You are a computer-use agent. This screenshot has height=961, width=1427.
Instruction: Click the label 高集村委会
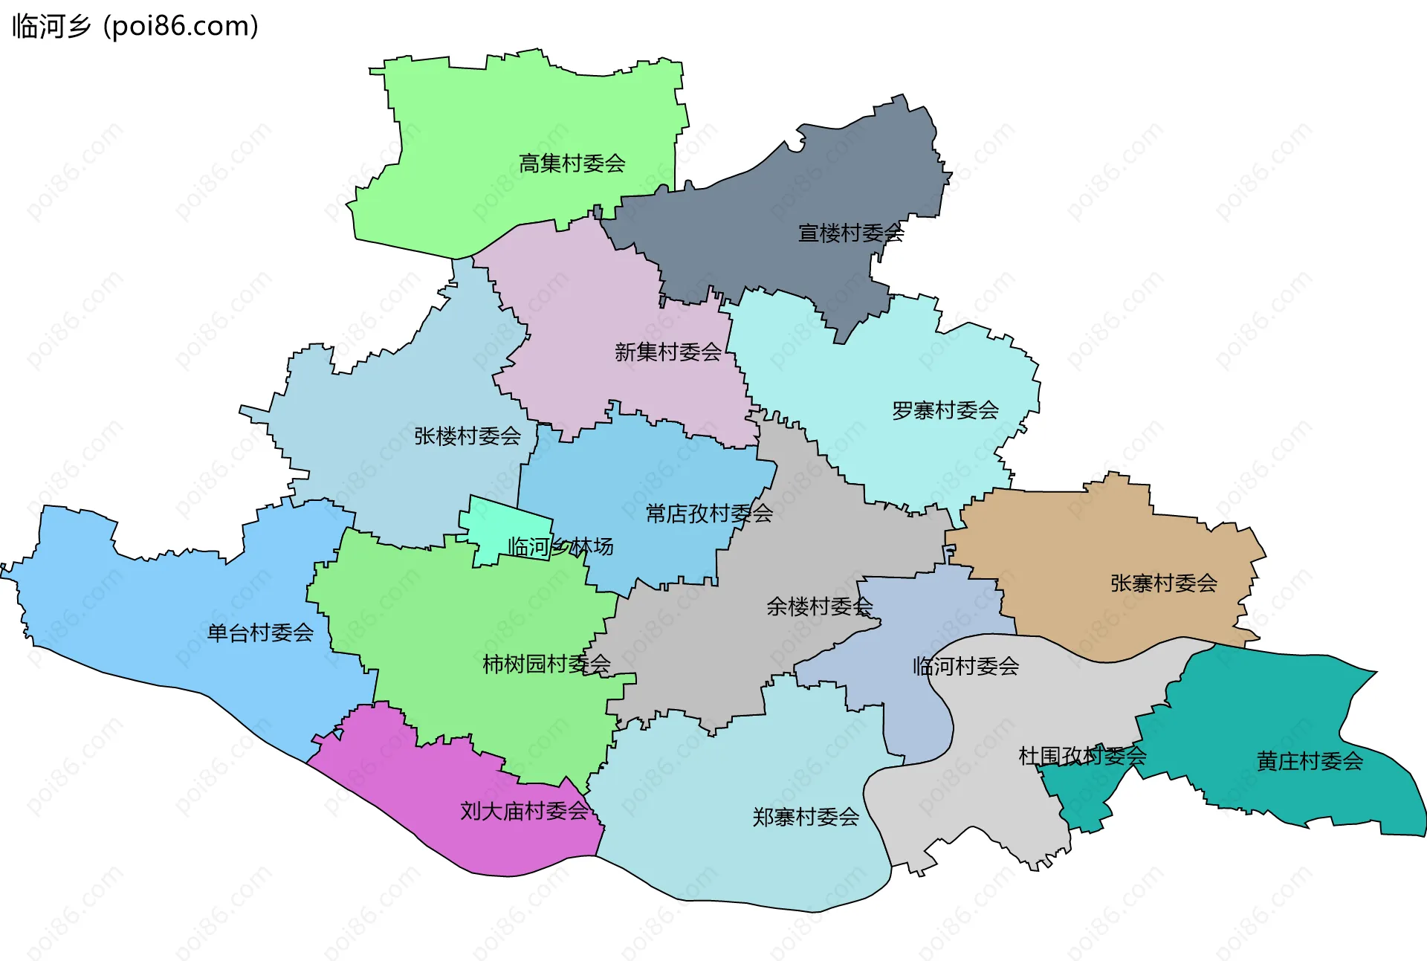click(x=572, y=164)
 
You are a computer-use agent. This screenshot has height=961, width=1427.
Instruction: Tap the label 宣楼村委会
click(x=850, y=233)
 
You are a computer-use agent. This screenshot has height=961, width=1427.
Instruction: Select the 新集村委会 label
click(x=667, y=352)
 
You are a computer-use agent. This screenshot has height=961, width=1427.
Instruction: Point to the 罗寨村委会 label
click(x=945, y=410)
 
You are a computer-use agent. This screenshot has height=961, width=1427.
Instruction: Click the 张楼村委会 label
click(x=467, y=436)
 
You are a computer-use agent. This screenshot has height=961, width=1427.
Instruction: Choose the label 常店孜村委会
click(x=708, y=514)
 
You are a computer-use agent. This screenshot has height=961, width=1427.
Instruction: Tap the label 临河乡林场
click(x=560, y=547)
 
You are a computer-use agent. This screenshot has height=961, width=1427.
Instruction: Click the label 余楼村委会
click(x=819, y=606)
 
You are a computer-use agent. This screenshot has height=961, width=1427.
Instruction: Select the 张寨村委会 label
click(x=1163, y=583)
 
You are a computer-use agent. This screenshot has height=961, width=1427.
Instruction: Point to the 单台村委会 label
click(x=259, y=633)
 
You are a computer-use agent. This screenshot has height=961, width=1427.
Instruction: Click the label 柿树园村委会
click(x=546, y=664)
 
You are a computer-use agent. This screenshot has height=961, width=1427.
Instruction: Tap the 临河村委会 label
click(x=965, y=667)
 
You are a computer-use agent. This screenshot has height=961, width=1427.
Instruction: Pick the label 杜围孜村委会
click(x=1081, y=757)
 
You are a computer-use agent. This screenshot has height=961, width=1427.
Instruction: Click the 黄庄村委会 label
click(x=1309, y=761)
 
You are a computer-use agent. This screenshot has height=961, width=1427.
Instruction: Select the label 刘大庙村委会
click(x=524, y=812)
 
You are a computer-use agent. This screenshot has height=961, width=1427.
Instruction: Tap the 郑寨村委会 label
click(x=805, y=818)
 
